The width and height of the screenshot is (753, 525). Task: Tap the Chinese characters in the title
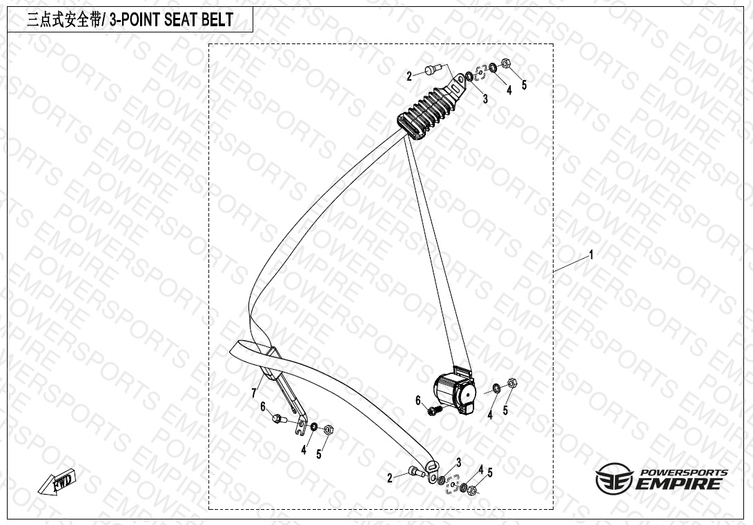64,20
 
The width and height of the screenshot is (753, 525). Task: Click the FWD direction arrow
57,482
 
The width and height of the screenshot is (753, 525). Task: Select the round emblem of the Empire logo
614,478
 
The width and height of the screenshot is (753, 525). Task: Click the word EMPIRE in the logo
679,483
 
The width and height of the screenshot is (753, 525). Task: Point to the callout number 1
591,255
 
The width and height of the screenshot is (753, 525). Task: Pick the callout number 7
254,393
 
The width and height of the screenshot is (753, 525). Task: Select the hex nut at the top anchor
505,63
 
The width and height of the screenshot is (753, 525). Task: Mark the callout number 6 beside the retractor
418,400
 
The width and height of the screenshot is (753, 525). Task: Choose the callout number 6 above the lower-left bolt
263,407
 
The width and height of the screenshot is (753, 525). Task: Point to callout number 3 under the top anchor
485,99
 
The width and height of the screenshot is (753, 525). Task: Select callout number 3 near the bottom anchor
459,462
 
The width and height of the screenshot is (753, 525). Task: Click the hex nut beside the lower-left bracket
329,429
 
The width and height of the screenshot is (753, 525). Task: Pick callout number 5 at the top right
525,85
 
